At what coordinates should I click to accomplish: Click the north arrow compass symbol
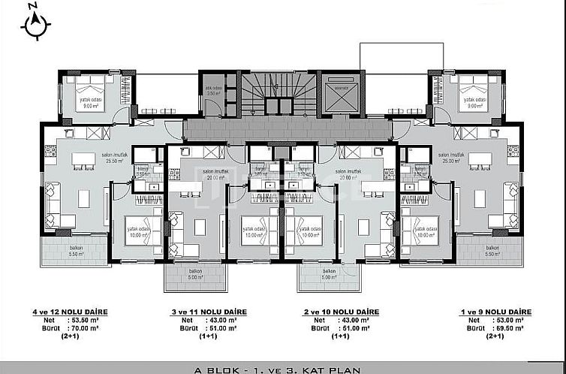(35, 24)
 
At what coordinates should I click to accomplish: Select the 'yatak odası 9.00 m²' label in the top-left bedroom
(91, 103)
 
